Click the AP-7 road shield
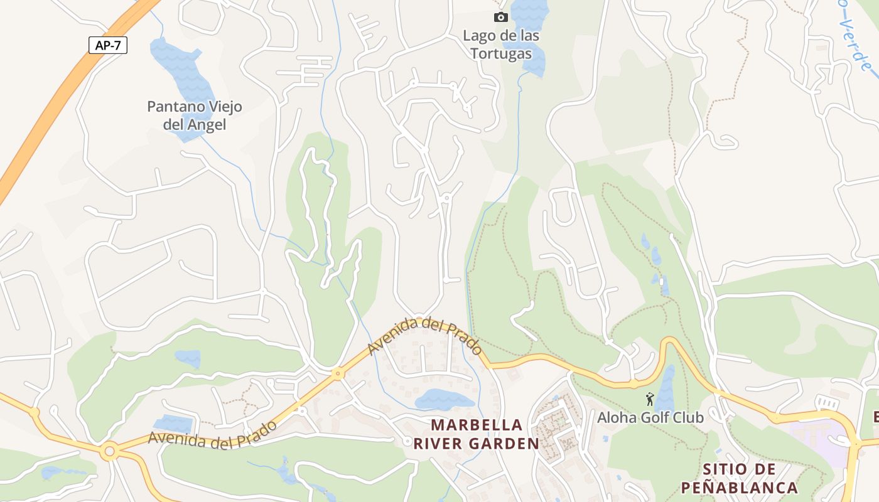coord(107,45)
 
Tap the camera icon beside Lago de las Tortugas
coord(500,18)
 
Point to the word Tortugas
coord(501,54)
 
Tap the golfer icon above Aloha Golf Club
coord(649,398)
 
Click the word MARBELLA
coord(477,425)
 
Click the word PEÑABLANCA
coord(739,488)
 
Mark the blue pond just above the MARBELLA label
coord(443,399)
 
